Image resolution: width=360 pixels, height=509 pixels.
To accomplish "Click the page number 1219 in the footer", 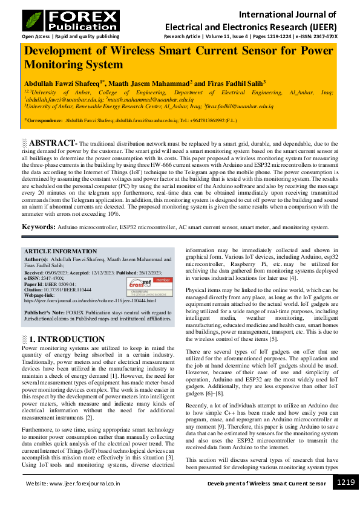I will tap(345, 482).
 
